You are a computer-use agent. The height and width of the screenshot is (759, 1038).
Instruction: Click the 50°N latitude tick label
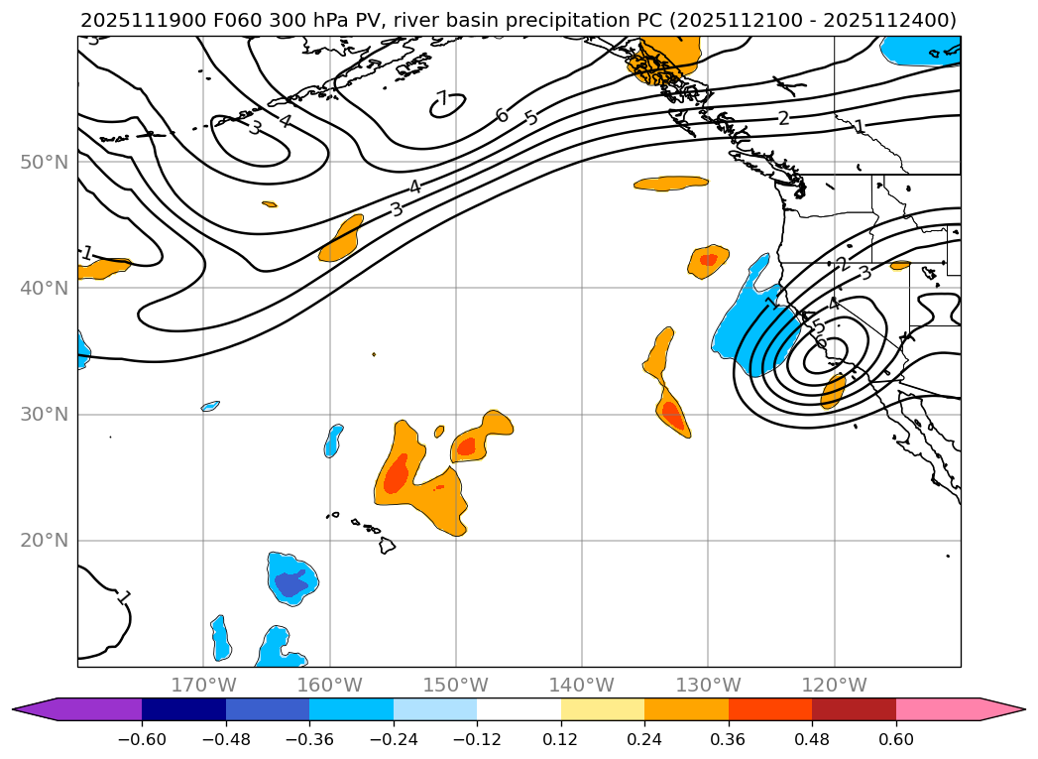44,162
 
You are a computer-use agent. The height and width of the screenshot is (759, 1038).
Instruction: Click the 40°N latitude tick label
44,288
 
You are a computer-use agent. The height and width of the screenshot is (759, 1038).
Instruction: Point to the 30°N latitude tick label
44,414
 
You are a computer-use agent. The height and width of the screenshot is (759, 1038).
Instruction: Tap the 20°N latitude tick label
44,541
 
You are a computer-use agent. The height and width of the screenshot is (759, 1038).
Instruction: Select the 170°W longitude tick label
203,685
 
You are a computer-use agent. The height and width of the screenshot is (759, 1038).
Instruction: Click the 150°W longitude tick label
456,685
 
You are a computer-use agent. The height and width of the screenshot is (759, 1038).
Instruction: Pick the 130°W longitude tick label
708,685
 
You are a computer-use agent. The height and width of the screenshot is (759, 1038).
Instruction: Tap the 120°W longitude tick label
834,685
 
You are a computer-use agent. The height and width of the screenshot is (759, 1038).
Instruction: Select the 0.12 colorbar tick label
561,739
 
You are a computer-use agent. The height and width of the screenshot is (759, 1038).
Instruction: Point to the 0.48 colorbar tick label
812,739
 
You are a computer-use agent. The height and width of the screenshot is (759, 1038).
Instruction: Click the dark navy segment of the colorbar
183,709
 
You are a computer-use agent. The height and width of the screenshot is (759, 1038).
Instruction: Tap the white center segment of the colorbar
519,709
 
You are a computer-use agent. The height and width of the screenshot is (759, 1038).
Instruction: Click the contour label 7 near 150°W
442,99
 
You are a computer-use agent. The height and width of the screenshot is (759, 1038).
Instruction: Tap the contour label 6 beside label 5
502,116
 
